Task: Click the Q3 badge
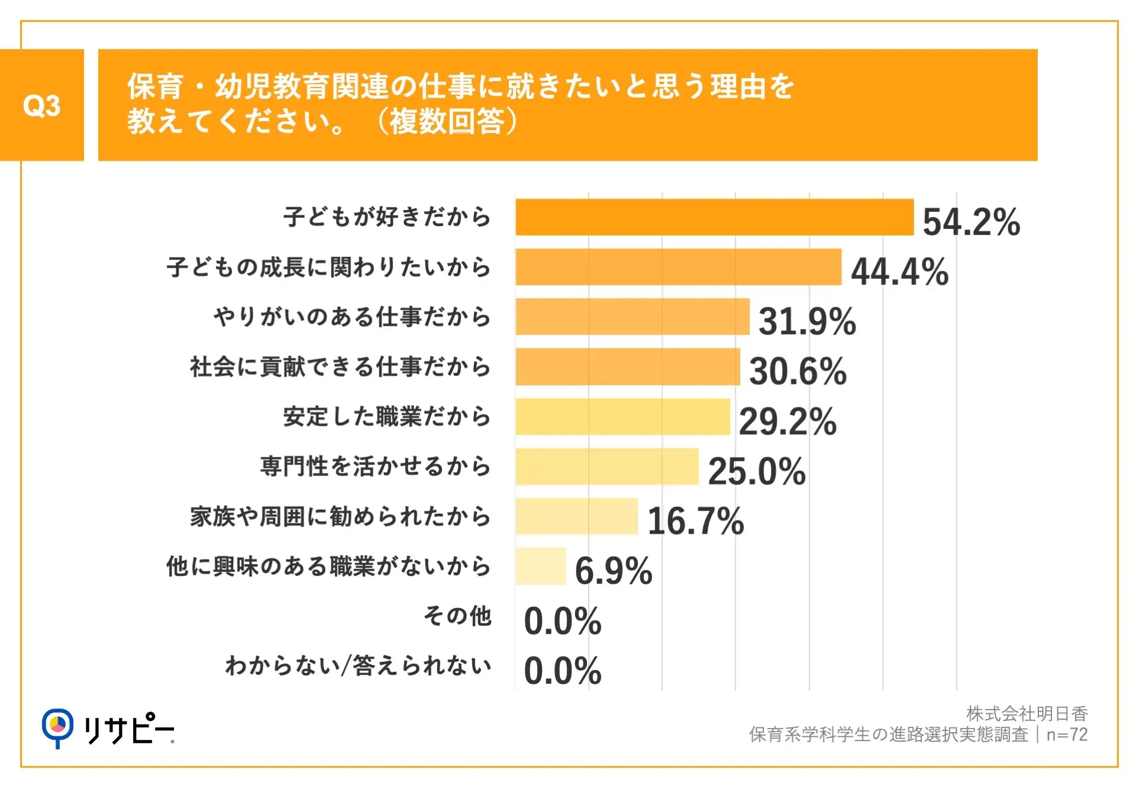tap(41, 105)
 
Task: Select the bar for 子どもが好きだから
tap(714, 217)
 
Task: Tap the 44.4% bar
tap(678, 267)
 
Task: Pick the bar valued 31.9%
tap(632, 316)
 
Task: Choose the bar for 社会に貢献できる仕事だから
tap(627, 367)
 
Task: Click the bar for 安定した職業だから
tap(622, 416)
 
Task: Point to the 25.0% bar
tap(606, 467)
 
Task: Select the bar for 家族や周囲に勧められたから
tap(576, 516)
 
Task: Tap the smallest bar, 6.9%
tap(540, 566)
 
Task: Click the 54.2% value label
tap(971, 222)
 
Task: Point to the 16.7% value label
tap(696, 521)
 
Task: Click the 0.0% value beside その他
tap(563, 621)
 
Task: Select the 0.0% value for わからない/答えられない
tap(563, 671)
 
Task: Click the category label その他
tap(457, 616)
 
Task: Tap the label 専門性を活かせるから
tap(376, 466)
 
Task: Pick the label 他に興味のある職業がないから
tap(328, 566)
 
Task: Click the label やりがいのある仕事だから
tap(352, 316)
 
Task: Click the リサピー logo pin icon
tap(57, 727)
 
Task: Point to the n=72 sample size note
tap(1067, 735)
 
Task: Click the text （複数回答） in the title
tap(447, 121)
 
